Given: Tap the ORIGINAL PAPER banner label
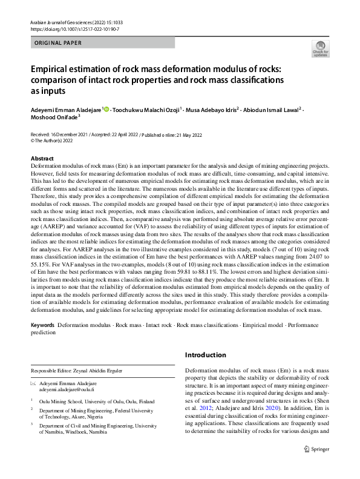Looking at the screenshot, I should (58, 43).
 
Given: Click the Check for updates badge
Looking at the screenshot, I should (321, 48).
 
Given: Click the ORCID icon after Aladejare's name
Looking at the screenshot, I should (106, 110).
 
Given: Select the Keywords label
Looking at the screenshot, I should (43, 325).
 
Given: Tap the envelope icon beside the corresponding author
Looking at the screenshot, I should (33, 385).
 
